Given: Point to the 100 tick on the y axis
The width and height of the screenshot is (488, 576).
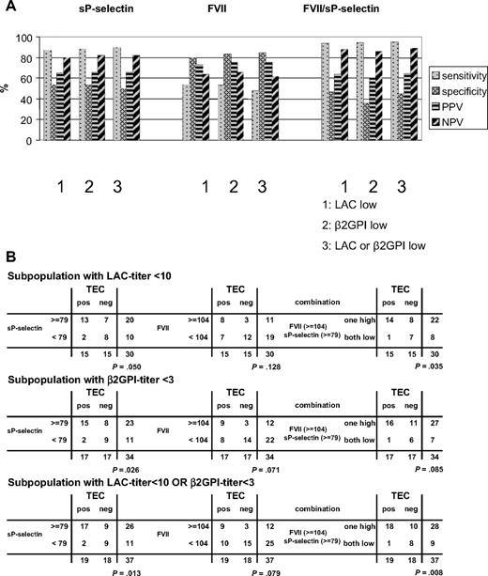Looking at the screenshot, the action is coord(26,39).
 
